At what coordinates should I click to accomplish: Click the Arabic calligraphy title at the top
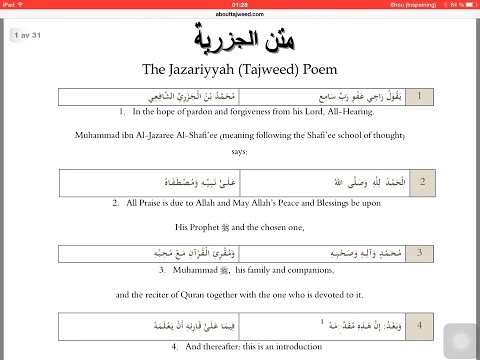point(240,42)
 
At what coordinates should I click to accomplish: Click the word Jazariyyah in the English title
point(227,72)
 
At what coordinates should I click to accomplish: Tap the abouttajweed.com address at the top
point(240,15)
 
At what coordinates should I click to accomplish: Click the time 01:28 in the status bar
point(240,4)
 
